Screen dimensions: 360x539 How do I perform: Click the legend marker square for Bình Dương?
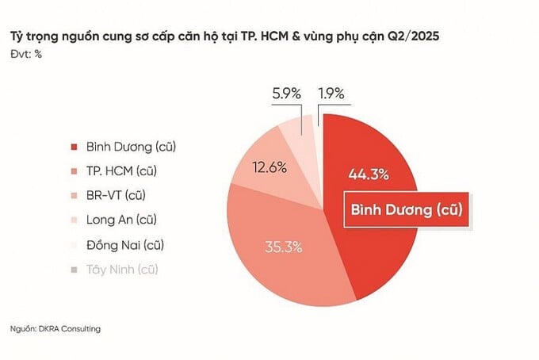(75, 147)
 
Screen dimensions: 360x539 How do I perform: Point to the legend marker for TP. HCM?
(75, 171)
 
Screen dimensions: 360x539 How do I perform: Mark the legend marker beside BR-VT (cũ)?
(75, 196)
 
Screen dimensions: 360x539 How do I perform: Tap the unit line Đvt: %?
(26, 54)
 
